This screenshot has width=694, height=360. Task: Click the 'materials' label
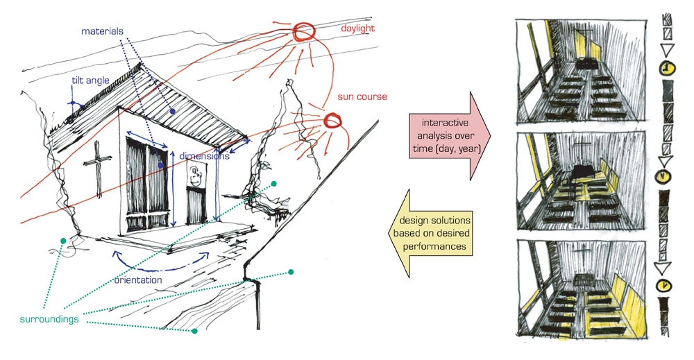coord(102,31)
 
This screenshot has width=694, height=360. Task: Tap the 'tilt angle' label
coord(90,80)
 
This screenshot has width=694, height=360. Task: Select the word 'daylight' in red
coord(357,28)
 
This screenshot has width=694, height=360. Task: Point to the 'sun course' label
coord(362,96)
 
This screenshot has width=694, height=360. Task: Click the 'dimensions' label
coord(204,155)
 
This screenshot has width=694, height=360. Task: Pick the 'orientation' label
coord(138,280)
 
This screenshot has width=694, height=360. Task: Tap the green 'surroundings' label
coord(49,319)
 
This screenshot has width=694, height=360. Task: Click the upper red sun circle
coord(304,32)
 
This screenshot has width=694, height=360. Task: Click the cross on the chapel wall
coord(97,168)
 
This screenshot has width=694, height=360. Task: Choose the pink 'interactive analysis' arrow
coord(449,135)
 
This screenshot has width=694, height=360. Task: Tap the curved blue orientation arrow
coord(160,268)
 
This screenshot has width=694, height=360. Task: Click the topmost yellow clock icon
coord(667,69)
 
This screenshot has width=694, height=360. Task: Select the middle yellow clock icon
coord(663,176)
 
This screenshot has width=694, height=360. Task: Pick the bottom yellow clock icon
coord(663,286)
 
